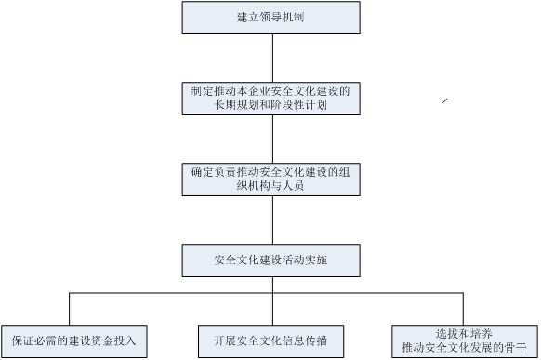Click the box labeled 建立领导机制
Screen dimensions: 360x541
270,18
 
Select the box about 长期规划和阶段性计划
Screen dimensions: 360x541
270,99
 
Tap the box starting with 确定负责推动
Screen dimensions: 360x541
270,179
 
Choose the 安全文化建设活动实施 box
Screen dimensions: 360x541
270,260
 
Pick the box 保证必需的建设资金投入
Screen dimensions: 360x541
74,340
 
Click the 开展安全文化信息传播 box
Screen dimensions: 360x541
270,340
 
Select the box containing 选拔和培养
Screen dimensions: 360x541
465,340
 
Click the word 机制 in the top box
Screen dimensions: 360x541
293,18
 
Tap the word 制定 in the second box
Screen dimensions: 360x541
200,92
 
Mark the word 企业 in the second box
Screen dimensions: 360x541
258,92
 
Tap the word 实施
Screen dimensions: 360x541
316,260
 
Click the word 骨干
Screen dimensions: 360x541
516,348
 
